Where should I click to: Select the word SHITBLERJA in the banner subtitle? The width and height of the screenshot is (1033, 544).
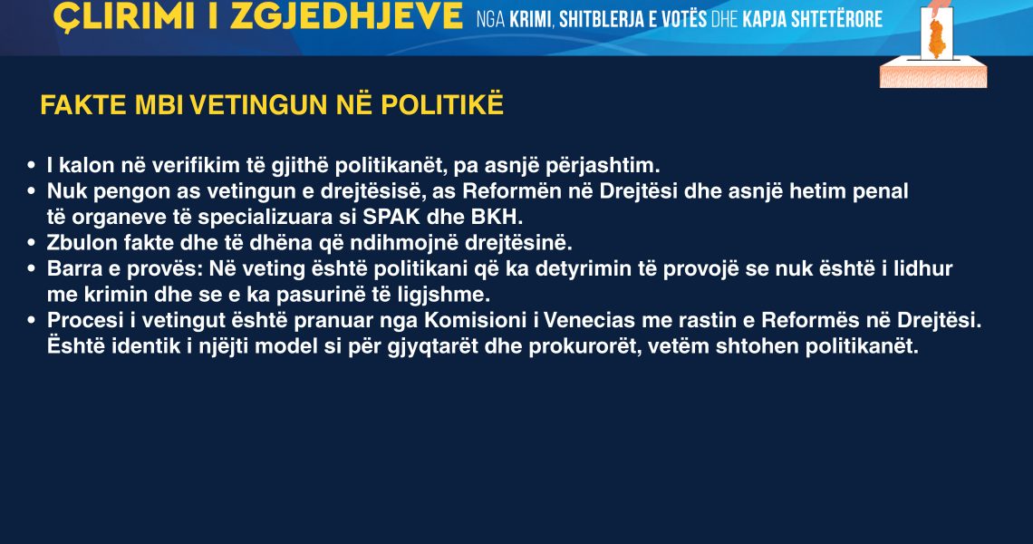602,19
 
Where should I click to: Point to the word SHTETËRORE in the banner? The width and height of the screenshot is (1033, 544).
836,18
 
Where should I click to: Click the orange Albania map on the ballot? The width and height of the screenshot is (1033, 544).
936,38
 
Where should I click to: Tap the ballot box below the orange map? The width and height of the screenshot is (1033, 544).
933,72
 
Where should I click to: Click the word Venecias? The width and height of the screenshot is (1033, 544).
587,320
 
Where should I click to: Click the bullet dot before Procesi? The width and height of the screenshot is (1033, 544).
31,321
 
